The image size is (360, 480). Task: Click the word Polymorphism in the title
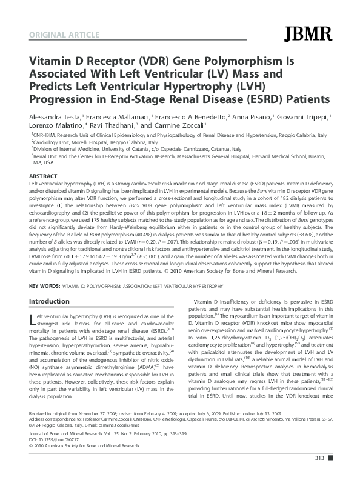tap(233, 62)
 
